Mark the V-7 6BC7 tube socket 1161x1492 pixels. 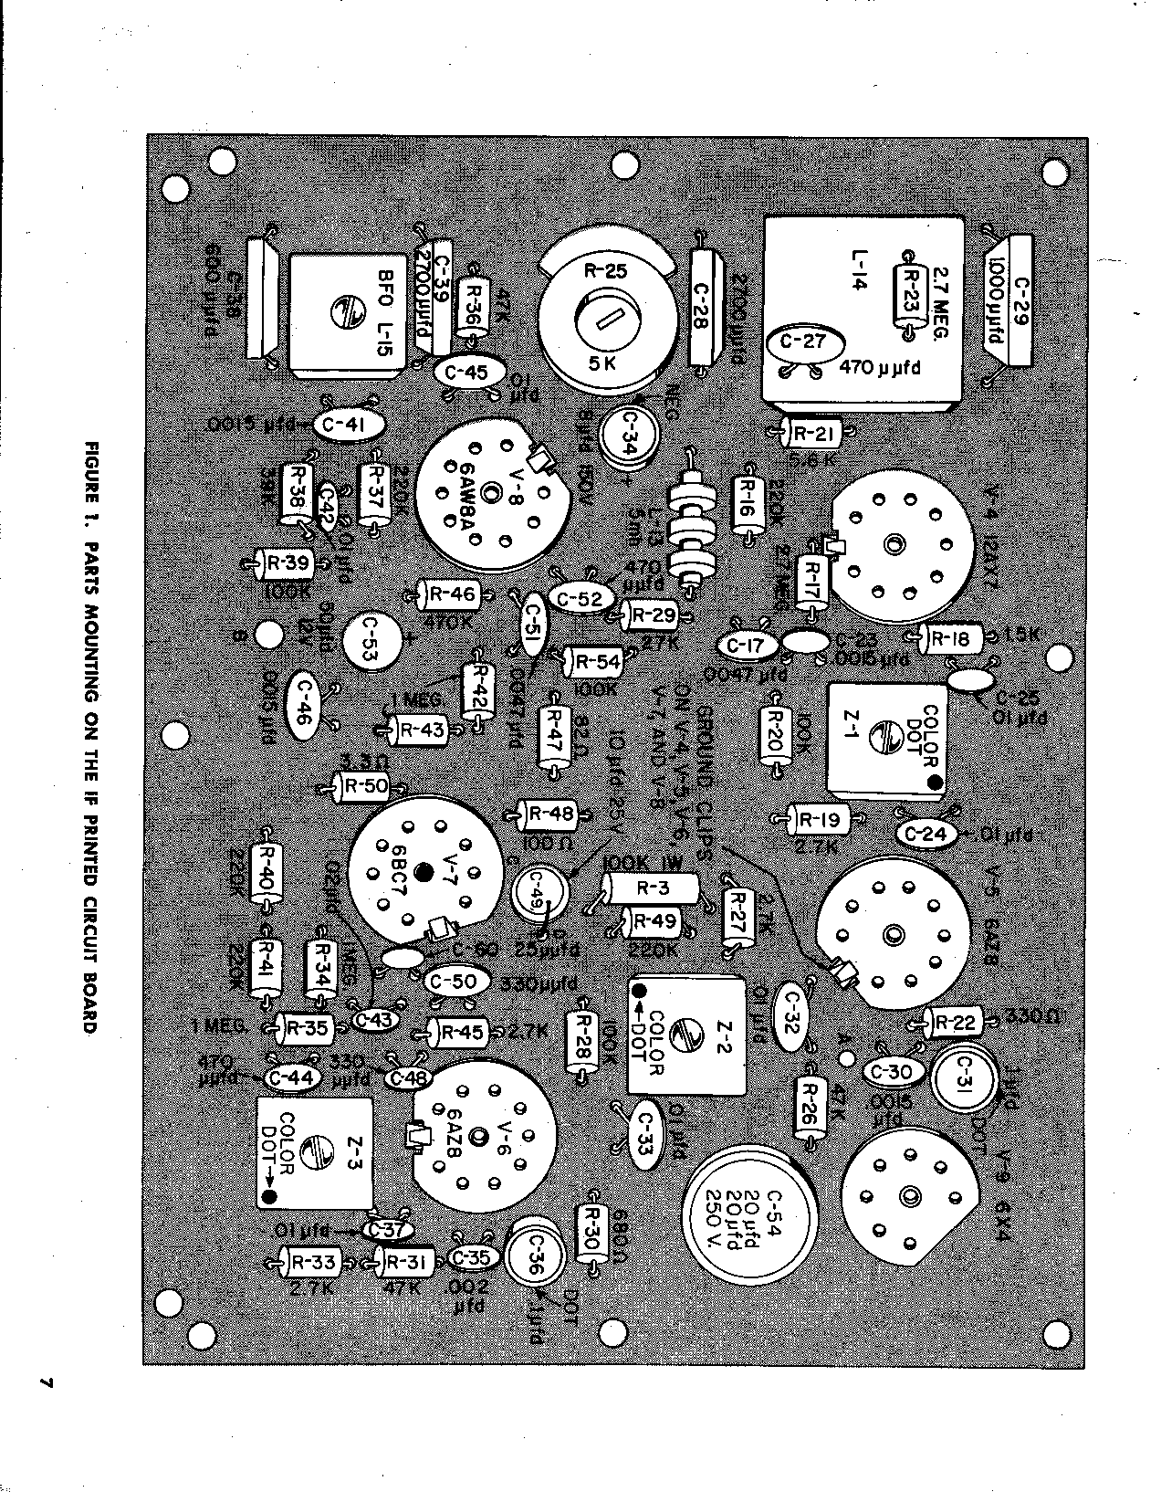pos(422,873)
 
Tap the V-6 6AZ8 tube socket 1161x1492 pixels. pos(484,1139)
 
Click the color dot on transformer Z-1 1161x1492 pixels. pos(935,783)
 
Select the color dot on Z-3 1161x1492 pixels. pos(268,1196)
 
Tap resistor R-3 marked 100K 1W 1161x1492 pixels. pos(652,887)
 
